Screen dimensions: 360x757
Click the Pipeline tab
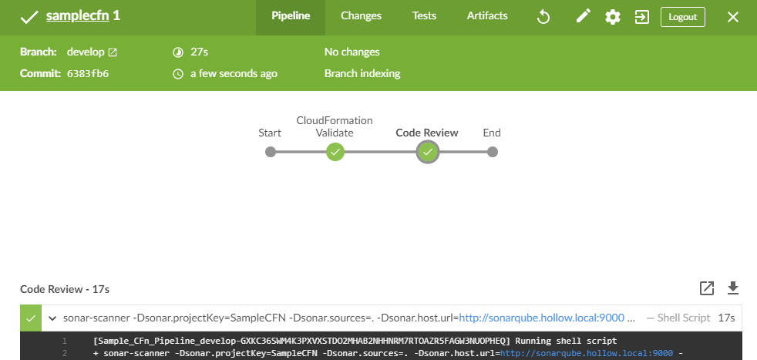(291, 16)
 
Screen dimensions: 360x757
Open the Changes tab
(361, 16)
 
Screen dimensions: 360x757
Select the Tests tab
(424, 16)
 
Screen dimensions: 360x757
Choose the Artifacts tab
(487, 16)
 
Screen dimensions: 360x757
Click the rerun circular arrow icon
(543, 17)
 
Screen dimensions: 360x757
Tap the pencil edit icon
(583, 17)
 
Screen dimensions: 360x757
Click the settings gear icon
(613, 17)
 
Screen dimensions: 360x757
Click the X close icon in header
(733, 17)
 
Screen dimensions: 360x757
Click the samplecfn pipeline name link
(76, 16)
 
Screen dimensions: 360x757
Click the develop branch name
(86, 52)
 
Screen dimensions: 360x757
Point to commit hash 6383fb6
(87, 74)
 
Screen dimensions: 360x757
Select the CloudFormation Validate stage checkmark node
(335, 152)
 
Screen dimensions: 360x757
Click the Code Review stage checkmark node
(427, 152)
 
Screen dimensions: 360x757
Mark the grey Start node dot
(270, 152)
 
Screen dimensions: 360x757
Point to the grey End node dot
(492, 152)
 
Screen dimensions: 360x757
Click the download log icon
(733, 288)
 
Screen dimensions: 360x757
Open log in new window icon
(706, 288)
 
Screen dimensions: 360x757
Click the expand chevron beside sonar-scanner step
(52, 318)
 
